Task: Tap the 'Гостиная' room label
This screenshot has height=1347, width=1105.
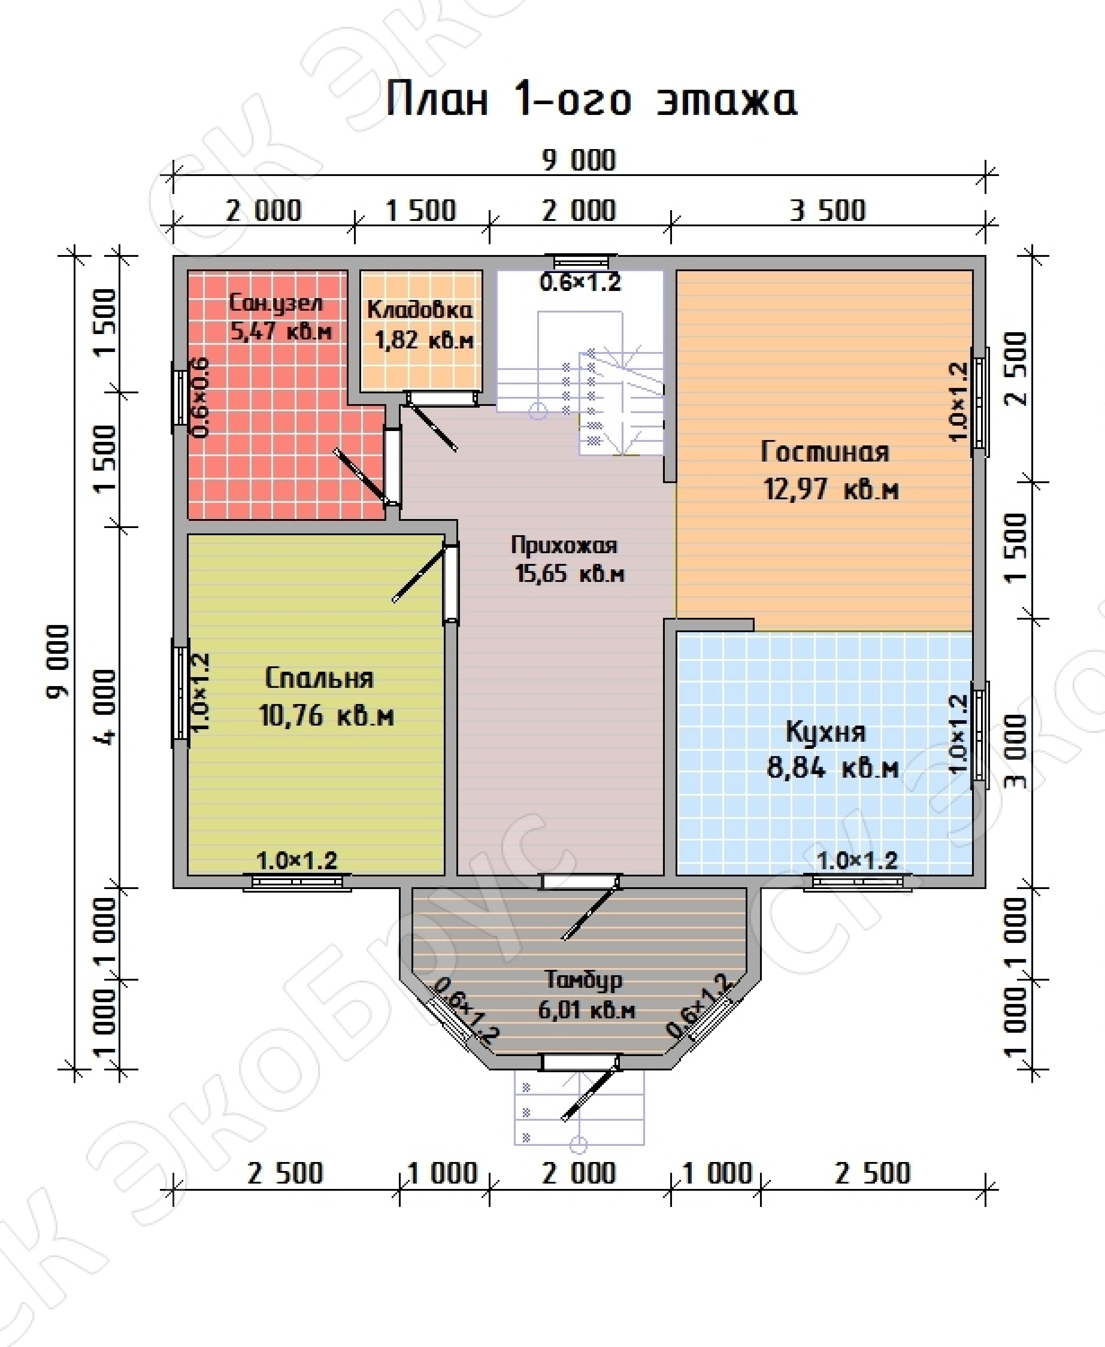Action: (825, 452)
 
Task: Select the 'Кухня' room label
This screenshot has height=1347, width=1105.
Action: (826, 732)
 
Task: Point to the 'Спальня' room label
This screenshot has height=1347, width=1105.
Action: (319, 678)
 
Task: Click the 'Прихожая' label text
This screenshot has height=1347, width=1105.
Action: (564, 545)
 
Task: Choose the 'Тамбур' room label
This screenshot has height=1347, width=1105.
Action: (583, 980)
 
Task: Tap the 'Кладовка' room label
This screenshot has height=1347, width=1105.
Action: (420, 310)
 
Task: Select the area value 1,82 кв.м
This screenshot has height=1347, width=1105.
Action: (424, 340)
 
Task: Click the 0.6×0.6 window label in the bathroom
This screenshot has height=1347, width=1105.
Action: (199, 397)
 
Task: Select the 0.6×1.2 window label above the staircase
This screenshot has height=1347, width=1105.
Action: (580, 282)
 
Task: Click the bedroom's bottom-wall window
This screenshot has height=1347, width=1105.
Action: (297, 881)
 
